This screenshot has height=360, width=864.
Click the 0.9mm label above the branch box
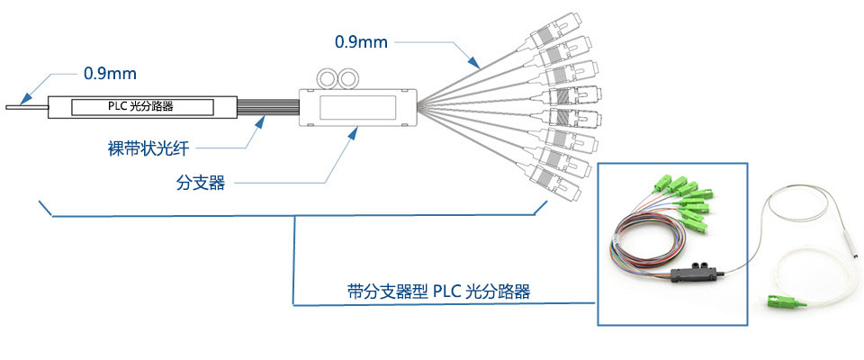click(x=362, y=41)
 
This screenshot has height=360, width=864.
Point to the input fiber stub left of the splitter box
click(x=27, y=107)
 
